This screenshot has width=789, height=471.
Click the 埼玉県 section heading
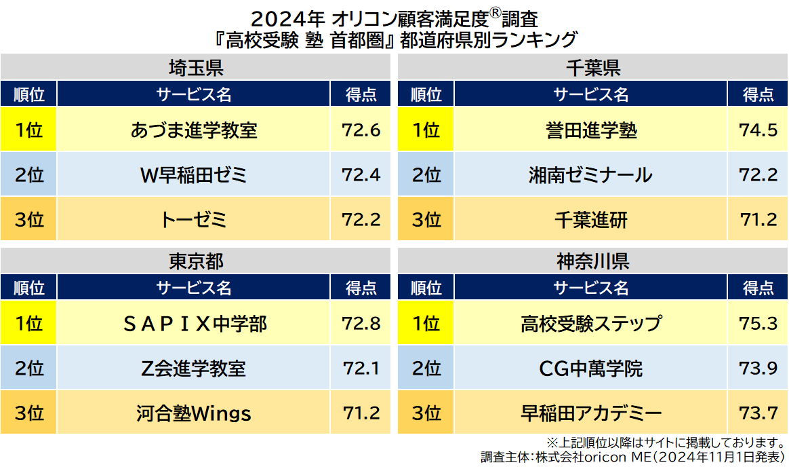point(195,68)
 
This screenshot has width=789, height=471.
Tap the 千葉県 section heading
point(592,68)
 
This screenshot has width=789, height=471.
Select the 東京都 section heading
point(195,261)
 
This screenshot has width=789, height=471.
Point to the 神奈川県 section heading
point(592,261)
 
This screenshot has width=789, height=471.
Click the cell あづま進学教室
point(194,130)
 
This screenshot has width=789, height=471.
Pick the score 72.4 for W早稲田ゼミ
point(361,175)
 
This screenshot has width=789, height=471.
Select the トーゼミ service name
point(194,220)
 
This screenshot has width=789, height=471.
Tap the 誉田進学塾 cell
point(591,130)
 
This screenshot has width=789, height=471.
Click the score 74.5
point(758,130)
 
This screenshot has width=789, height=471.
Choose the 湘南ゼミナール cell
point(591,175)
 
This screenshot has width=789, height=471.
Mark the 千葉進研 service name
point(591,220)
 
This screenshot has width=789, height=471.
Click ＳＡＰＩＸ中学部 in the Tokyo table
point(194,324)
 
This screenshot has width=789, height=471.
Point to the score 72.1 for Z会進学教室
point(361,369)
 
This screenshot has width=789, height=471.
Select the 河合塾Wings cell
point(194,413)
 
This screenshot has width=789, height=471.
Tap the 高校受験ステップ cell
point(591,324)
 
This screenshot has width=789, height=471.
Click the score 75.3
point(758,324)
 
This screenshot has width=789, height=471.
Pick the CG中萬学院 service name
point(591,369)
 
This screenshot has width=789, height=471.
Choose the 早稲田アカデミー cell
point(591,413)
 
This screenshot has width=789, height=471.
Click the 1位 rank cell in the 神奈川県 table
point(426,324)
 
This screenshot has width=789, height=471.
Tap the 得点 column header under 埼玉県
point(361,94)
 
